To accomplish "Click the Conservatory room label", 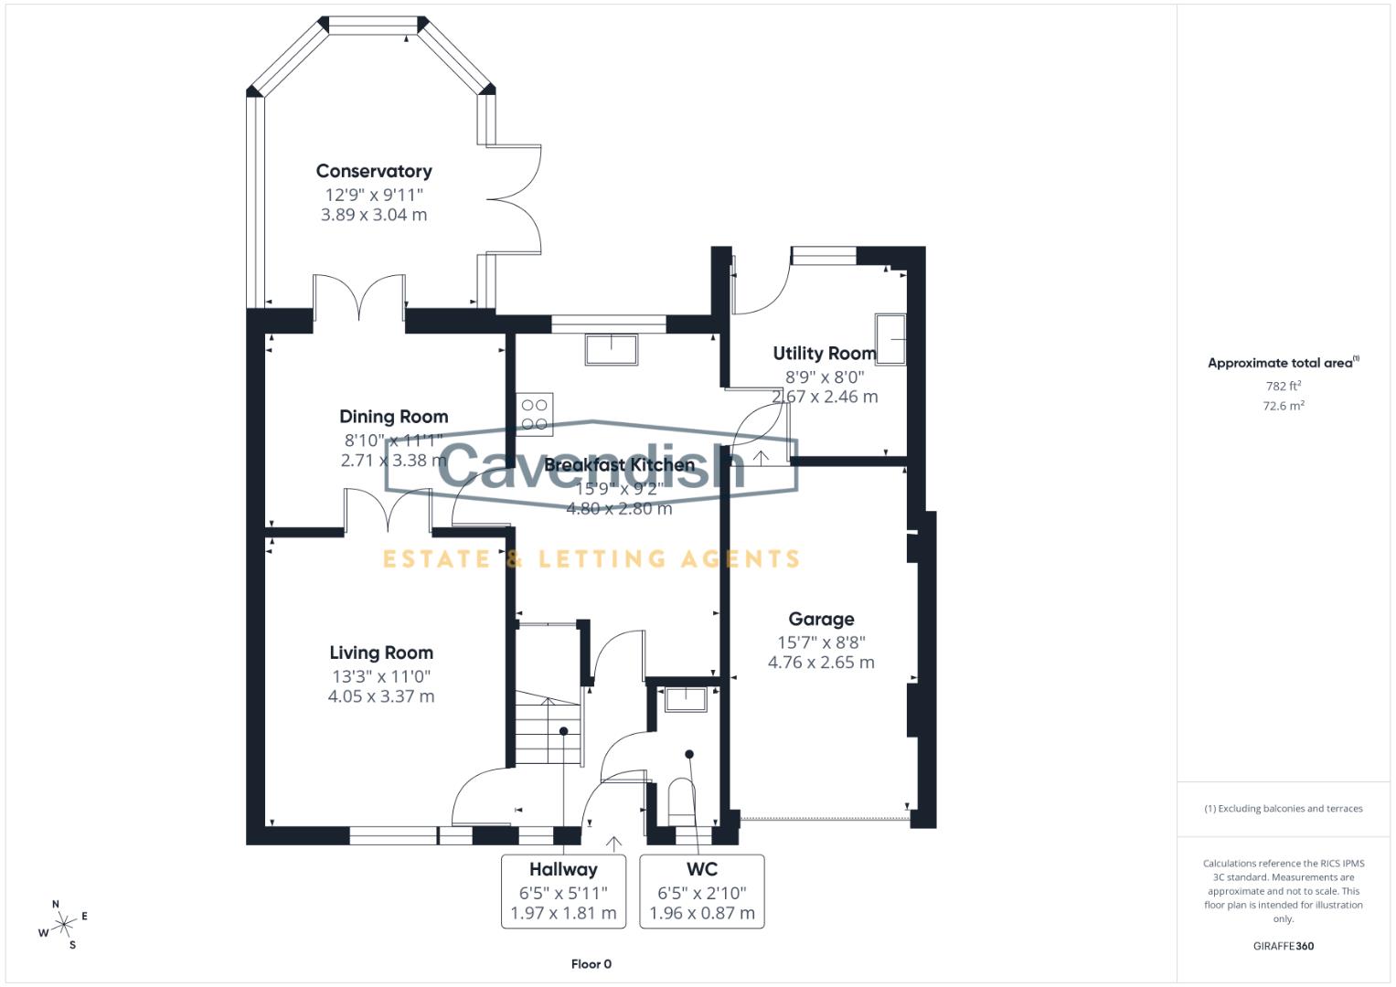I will [x=374, y=171].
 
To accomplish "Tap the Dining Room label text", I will [x=393, y=417].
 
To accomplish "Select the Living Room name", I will [x=381, y=653].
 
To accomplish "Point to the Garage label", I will [x=821, y=619].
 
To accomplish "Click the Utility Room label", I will [x=824, y=353].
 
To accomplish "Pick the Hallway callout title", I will [x=563, y=869].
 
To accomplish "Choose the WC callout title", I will [x=702, y=869].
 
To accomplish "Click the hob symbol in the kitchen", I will [x=535, y=411].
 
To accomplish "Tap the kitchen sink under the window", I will [x=612, y=348].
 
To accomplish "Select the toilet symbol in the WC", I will [x=680, y=797].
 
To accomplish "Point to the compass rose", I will [x=63, y=925].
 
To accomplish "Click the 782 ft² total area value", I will [x=1284, y=386].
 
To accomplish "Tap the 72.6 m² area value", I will [x=1284, y=406].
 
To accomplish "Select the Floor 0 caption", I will [x=591, y=964].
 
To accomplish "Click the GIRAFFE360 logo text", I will [x=1284, y=946].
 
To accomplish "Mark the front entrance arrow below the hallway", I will [x=613, y=844].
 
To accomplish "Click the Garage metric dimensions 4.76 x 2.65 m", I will [x=821, y=663].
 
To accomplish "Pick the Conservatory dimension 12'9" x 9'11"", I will [x=374, y=195].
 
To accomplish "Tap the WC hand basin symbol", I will [x=685, y=699].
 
